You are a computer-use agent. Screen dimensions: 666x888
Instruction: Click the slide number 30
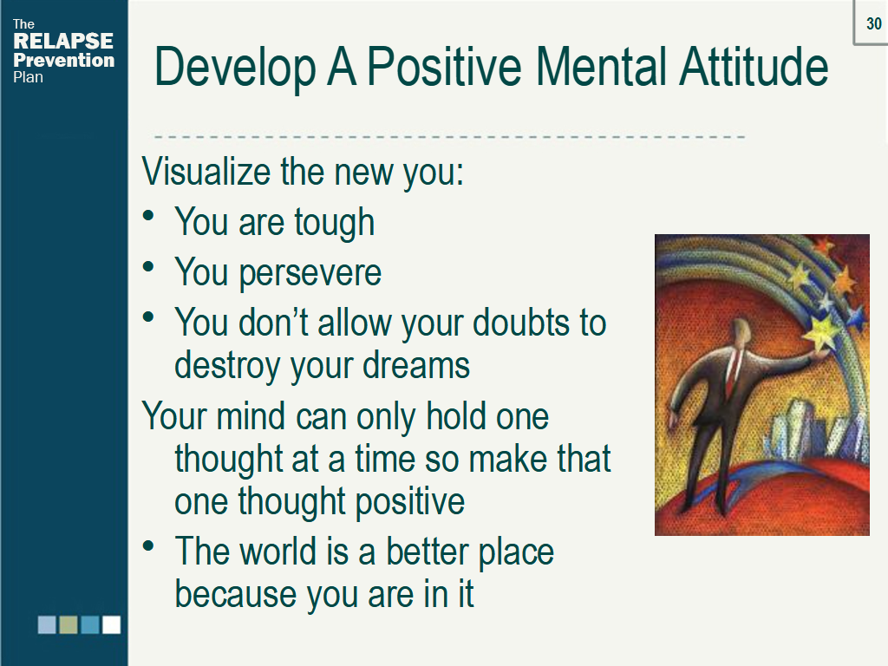873,24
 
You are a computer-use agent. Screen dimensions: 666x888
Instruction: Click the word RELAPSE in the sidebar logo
63,42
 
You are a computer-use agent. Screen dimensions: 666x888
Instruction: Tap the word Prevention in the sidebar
63,61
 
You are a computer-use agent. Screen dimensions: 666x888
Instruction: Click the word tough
334,223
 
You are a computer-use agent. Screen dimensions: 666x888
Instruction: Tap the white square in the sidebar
112,624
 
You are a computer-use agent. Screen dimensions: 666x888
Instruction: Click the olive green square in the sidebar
69,624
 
